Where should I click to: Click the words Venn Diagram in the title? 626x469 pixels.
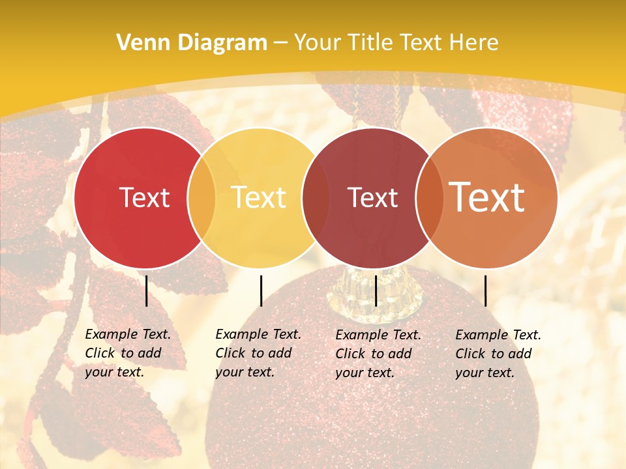coord(192,43)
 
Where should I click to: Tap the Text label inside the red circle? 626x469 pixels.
coord(144,197)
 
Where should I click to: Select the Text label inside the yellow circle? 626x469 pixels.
coord(258,197)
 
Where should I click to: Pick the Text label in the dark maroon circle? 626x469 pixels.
coord(372,197)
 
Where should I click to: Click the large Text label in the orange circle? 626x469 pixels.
coord(486,197)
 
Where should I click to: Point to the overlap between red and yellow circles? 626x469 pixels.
coord(201,197)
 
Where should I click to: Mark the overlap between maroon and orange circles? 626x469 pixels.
coord(429,197)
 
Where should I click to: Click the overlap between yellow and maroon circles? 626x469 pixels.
coord(316,197)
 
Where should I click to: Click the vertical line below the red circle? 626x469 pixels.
coord(147,291)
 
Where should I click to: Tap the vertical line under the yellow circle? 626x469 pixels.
coord(261,291)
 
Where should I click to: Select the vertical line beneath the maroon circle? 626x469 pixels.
coord(376,291)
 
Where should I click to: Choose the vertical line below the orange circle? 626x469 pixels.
coord(485,291)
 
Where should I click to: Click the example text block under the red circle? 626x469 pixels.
coord(127,353)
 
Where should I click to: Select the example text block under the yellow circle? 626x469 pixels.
coord(258,353)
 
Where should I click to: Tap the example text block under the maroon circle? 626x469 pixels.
coord(378,353)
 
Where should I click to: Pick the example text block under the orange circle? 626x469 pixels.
coord(498,353)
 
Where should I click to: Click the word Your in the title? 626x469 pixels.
coord(318,43)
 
